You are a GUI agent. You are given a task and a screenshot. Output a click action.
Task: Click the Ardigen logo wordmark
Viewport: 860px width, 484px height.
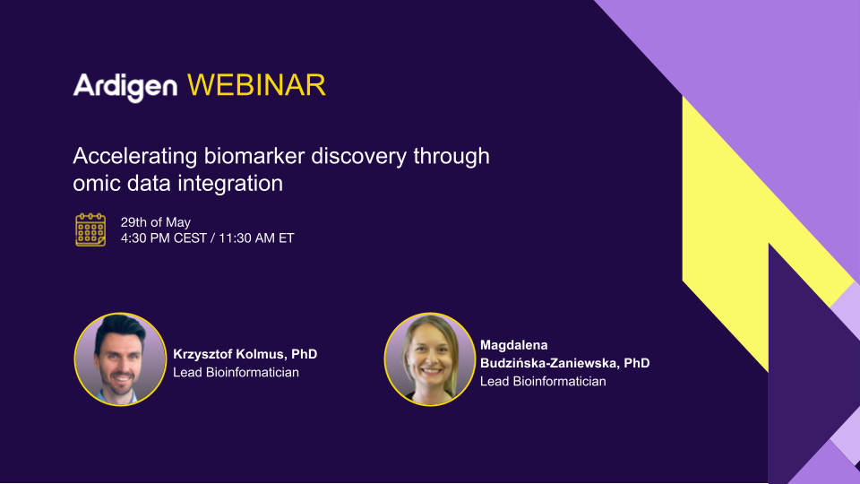coord(125,87)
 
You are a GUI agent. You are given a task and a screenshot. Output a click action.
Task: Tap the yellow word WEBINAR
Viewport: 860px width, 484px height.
coord(256,86)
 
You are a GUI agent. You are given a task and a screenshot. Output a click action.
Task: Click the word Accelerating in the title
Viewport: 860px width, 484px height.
coord(135,157)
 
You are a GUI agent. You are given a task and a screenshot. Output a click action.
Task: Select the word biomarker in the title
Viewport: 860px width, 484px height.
coord(254,156)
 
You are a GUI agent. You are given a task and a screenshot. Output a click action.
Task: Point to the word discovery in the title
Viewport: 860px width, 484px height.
coord(358,157)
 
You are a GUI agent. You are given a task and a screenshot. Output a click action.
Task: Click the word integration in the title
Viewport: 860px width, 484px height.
coord(230,184)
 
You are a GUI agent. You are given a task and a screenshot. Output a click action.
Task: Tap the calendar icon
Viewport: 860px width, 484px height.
coord(90,230)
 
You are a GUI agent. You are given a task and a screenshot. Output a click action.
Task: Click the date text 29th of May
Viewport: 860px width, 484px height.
coord(156,222)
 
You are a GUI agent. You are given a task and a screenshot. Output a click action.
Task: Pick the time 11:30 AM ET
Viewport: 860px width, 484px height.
coord(256,238)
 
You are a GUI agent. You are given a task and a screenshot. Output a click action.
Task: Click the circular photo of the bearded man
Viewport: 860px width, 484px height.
coord(120,359)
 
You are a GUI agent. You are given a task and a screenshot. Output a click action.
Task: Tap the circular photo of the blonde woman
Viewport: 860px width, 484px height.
coord(430,359)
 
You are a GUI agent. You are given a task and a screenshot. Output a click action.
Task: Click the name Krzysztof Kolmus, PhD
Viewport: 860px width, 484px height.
coord(245,355)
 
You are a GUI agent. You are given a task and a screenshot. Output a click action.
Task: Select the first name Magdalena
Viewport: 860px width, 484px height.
coord(514,345)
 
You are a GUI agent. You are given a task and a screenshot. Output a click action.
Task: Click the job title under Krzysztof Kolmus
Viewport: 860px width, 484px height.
coord(236,372)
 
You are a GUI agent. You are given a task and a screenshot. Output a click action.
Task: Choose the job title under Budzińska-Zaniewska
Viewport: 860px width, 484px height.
coord(543,382)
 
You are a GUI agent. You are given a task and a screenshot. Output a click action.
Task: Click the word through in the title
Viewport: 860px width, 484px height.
coord(451,157)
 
